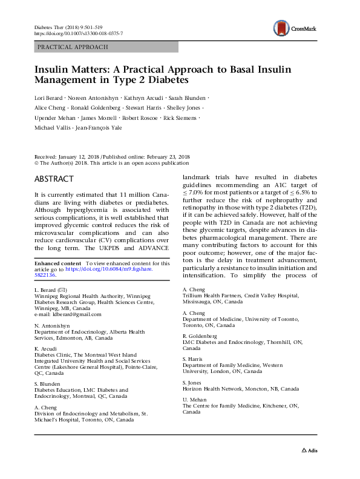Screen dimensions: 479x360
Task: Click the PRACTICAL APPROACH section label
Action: click(x=73, y=47)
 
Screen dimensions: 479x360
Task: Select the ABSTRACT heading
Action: click(x=54, y=179)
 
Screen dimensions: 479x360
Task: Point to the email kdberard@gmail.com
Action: click(x=68, y=314)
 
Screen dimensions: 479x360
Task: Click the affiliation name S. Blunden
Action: click(x=47, y=384)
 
